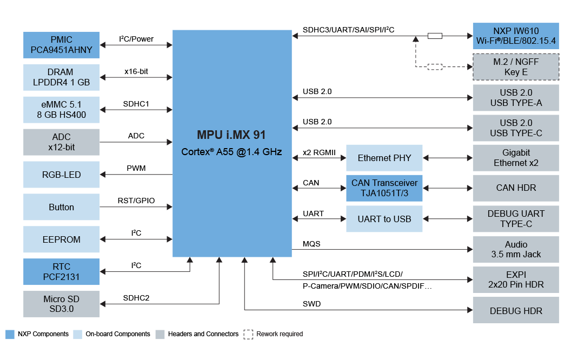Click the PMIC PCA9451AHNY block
62,45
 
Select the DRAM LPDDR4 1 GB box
62,77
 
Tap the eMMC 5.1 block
62,109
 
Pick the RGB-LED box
62,175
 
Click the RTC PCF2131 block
62,271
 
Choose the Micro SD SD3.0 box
62,304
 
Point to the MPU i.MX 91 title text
231,135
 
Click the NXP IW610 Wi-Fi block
516,36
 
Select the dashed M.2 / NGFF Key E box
516,67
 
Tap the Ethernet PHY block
384,158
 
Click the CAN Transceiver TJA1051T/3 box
384,188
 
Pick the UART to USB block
384,219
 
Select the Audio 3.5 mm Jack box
516,249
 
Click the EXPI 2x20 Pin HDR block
516,279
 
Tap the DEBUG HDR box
516,310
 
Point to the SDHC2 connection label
136,298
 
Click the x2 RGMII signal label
319,153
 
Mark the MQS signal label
311,244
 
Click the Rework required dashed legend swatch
248,334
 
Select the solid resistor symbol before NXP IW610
435,36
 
